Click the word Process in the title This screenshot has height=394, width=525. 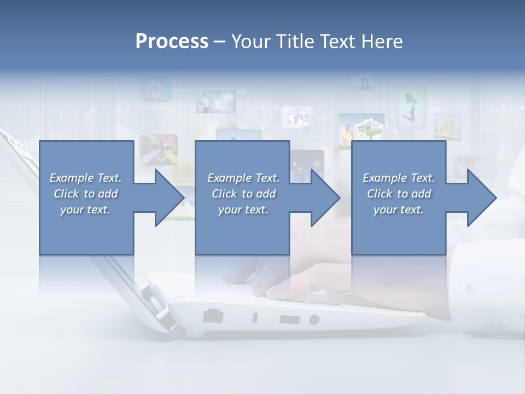172,42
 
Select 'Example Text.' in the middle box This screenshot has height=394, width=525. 243,178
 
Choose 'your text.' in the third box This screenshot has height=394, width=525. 398,210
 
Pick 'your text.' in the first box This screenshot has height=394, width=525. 85,210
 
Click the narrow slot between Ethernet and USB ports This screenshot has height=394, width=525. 255,317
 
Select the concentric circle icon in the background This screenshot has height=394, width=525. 70,115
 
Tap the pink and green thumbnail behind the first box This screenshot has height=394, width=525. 159,149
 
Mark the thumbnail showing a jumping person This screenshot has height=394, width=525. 411,107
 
